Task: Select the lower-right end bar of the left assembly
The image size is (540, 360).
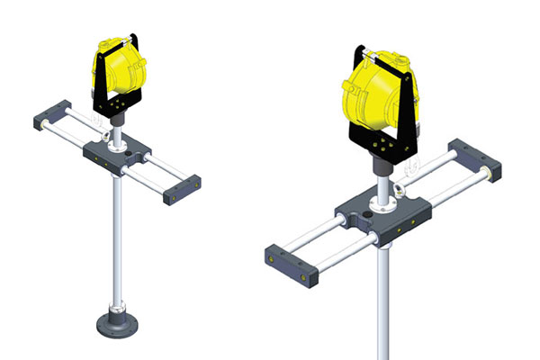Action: point(180,191)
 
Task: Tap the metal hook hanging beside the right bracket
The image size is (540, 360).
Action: point(415,163)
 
